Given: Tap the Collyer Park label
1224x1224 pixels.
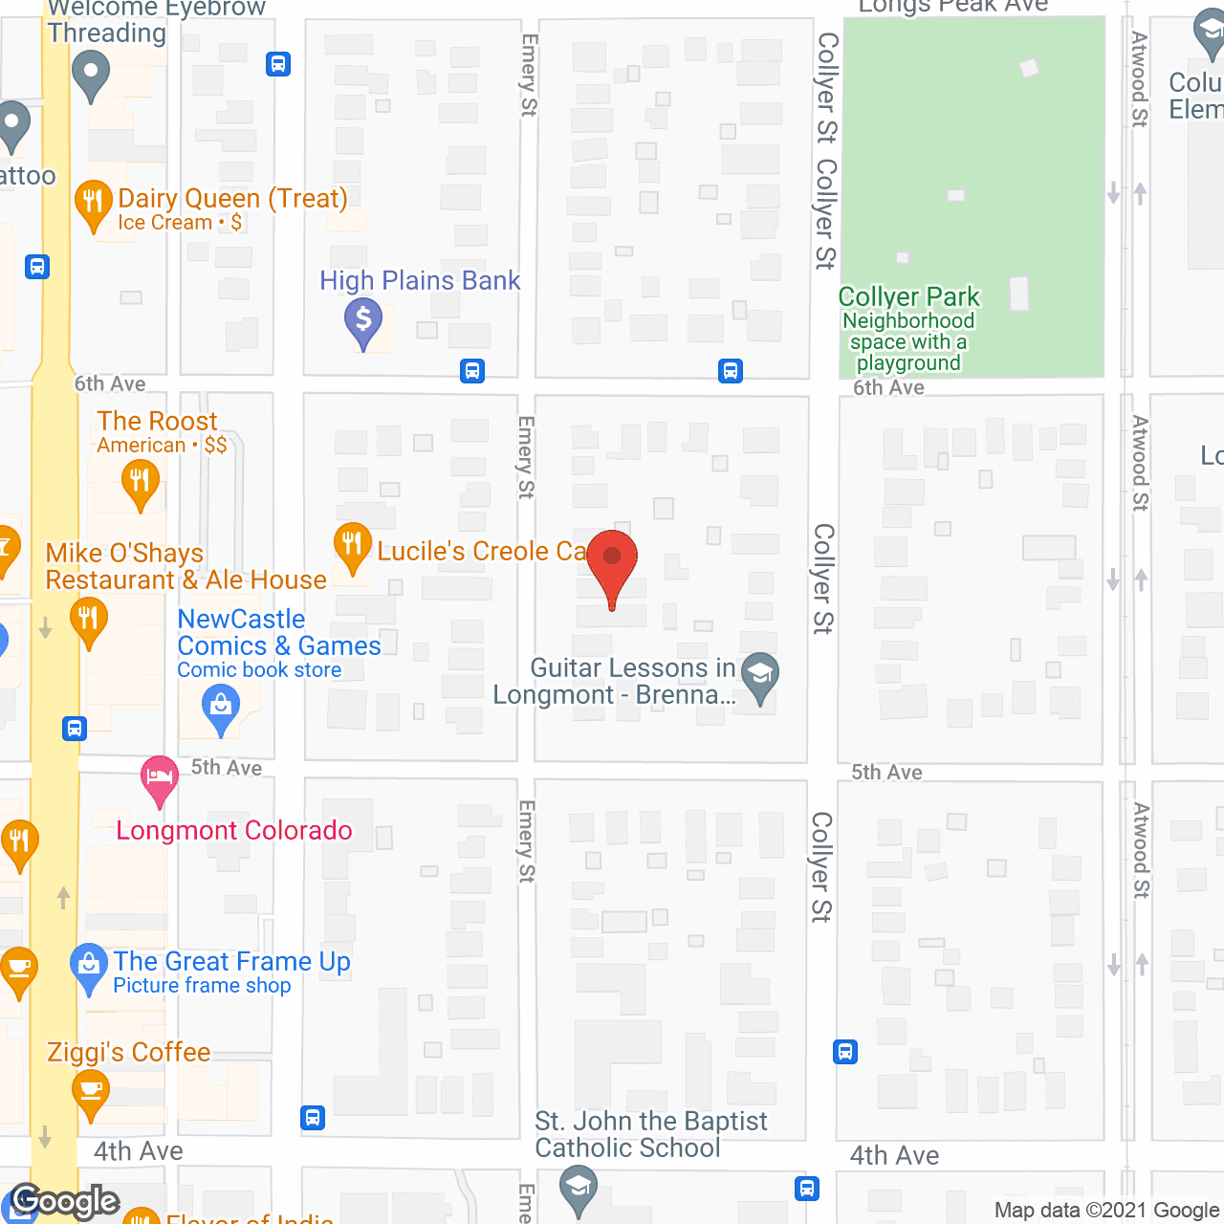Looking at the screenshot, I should pos(908,297).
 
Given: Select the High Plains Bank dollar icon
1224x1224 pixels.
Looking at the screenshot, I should pos(363,320).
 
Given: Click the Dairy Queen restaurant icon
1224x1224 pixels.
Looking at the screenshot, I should pos(93,203).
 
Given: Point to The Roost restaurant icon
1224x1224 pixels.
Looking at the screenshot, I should pos(141,483).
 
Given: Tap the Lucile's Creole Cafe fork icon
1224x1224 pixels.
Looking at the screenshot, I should pos(352,546).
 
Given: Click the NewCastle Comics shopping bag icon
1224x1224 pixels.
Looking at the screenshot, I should pos(221,709).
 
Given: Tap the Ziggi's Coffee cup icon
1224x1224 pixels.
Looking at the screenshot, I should pos(90,1091).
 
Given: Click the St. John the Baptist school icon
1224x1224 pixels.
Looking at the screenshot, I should pos(578,1191).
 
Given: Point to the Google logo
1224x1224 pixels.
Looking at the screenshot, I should pos(65,1201).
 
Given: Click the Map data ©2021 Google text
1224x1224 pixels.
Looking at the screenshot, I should pos(1107,1211).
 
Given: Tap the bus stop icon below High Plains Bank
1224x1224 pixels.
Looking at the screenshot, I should pos(472,371).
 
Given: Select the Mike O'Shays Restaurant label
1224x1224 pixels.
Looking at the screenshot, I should pos(186,566).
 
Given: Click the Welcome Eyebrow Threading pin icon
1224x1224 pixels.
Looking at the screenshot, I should pos(91,74).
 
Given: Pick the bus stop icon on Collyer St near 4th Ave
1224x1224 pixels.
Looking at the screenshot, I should pos(845,1052).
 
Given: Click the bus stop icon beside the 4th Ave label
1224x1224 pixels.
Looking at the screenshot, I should pos(313,1117).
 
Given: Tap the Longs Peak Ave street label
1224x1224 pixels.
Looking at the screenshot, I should pos(952,7).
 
